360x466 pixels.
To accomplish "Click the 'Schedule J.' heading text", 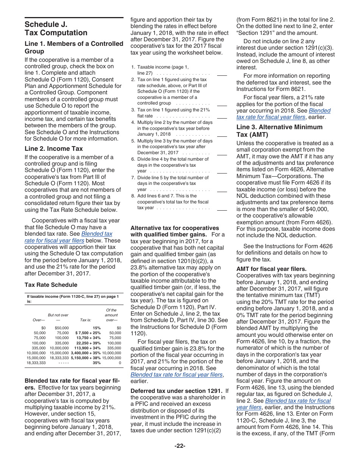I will coord(46,24).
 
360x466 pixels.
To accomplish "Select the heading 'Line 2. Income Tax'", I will coord(53,149).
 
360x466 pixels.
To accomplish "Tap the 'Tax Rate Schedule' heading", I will coord(51,285).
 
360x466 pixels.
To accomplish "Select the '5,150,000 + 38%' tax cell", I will coord(86,358).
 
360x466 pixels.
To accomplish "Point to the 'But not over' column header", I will coord(58,315).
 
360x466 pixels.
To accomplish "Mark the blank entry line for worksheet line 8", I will coord(222,210).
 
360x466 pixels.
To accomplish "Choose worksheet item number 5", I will coord(133,141).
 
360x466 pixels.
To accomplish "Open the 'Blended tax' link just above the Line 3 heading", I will coord(319,111).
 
